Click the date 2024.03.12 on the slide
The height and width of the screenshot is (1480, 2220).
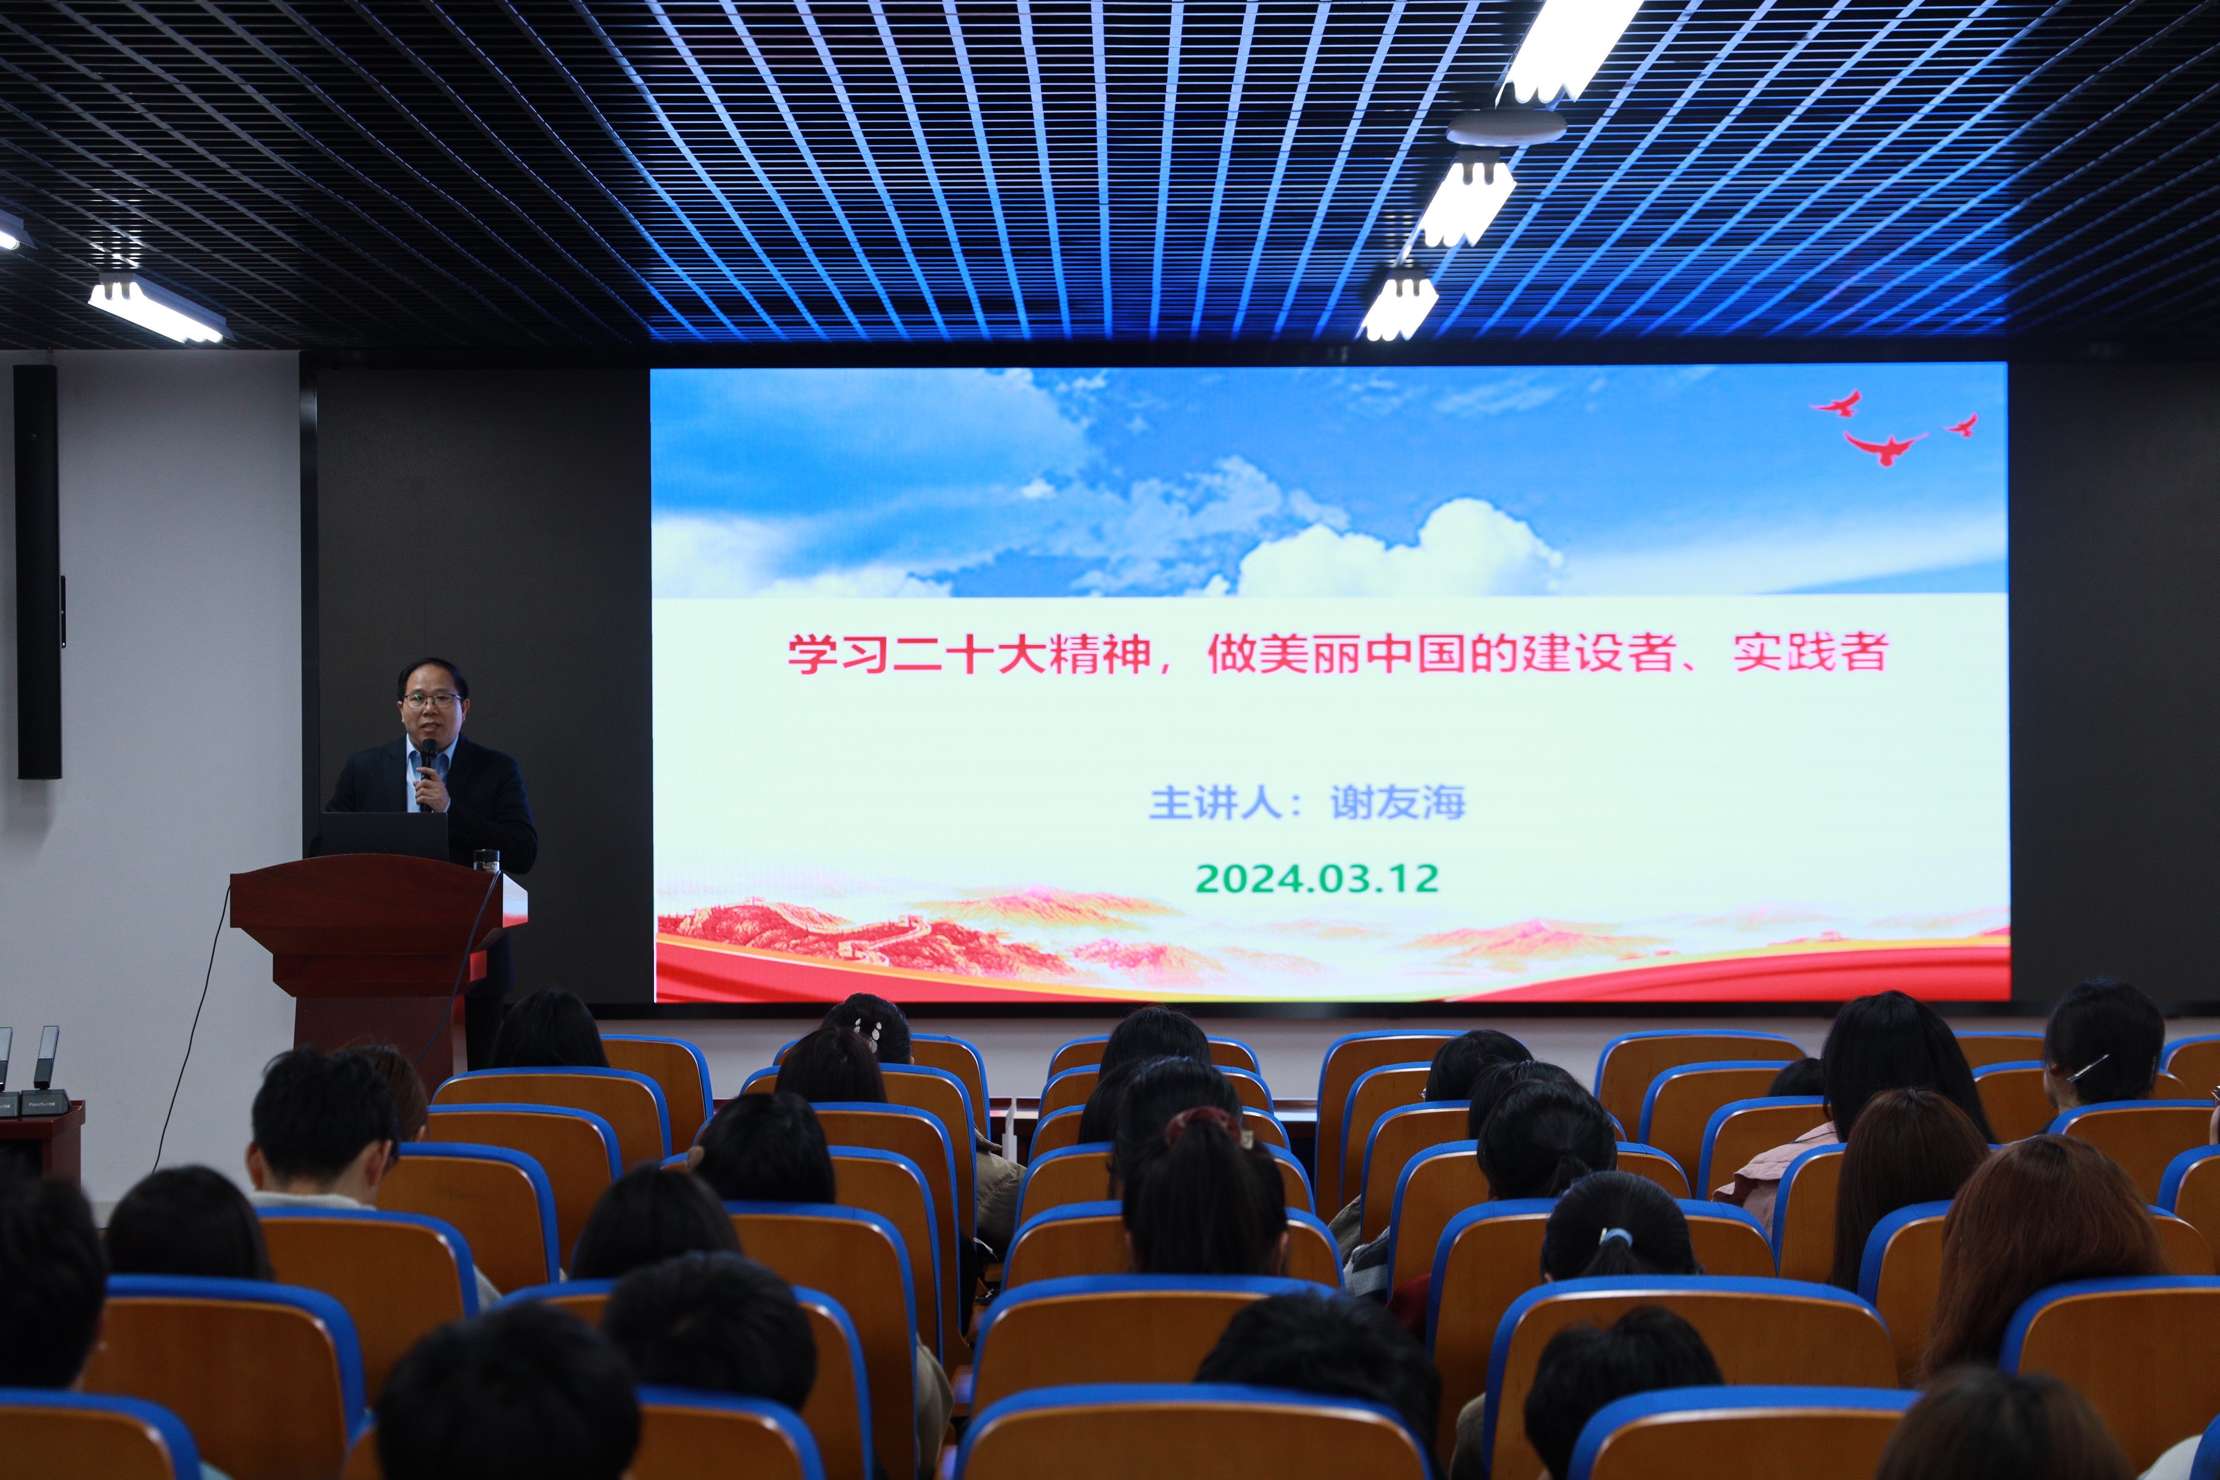tap(1317, 879)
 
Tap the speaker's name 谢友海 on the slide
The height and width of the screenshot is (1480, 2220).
tap(1398, 803)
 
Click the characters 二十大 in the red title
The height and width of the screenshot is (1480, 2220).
tap(972, 654)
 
